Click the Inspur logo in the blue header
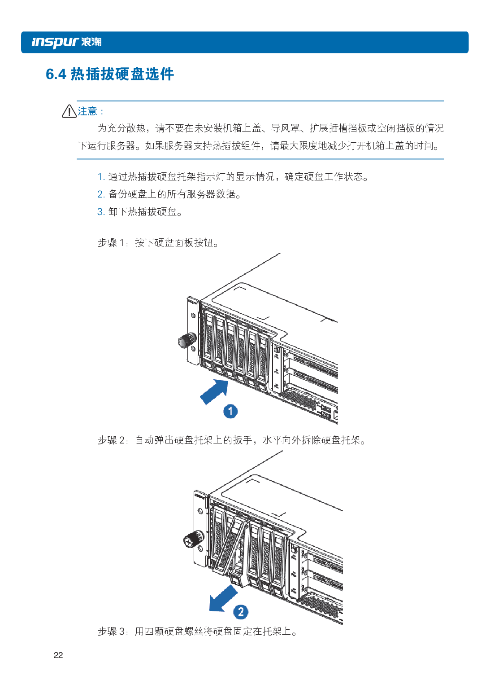pyautogui.click(x=66, y=42)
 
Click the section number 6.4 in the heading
pyautogui.click(x=56, y=74)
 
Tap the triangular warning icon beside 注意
pyautogui.click(x=69, y=111)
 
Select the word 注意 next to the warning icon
pyautogui.click(x=87, y=111)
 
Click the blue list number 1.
pyautogui.click(x=101, y=177)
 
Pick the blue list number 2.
pyautogui.click(x=101, y=194)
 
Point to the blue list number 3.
pyautogui.click(x=101, y=211)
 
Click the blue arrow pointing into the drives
pyautogui.click(x=214, y=391)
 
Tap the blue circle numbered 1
pyautogui.click(x=230, y=411)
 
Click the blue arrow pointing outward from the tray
pyautogui.click(x=223, y=598)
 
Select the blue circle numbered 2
pyautogui.click(x=241, y=612)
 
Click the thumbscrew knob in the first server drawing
pyautogui.click(x=187, y=340)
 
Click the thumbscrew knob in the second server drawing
pyautogui.click(x=193, y=539)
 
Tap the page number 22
pyautogui.click(x=58, y=655)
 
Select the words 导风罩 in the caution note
pyautogui.click(x=285, y=128)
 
